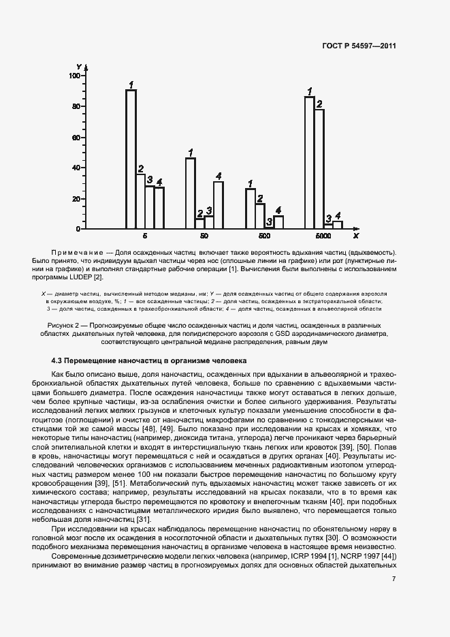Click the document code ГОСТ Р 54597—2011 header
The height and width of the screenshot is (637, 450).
click(359, 46)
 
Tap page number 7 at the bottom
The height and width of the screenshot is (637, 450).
click(394, 579)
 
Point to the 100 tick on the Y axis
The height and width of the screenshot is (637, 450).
click(74, 76)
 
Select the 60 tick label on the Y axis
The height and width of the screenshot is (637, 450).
click(76, 137)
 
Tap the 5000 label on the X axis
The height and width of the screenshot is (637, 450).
click(323, 236)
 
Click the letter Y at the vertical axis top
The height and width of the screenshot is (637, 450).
click(79, 65)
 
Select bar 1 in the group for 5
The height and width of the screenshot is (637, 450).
click(131, 159)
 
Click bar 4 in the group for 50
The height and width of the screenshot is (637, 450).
click(218, 204)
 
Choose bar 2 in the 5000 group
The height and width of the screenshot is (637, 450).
click(319, 168)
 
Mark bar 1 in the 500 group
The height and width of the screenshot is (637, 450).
click(251, 208)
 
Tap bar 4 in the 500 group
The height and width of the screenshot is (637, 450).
click(278, 222)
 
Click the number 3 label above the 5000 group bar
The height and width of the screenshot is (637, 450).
click(328, 218)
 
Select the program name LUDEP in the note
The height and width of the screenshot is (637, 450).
click(79, 277)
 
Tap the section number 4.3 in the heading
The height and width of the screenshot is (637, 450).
click(58, 360)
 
